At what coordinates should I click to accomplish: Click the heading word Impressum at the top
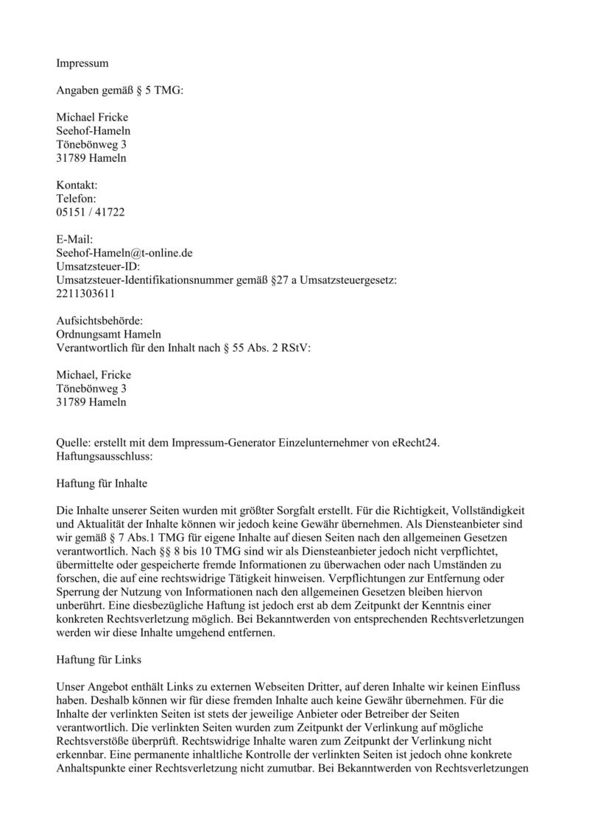pos(82,64)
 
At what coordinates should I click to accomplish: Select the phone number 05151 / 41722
pos(91,212)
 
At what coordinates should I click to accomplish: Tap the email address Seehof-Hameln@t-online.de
pos(124,253)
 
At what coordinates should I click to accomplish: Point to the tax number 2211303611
pos(85,293)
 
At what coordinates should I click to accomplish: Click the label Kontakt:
pos(77,185)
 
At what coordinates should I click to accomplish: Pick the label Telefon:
pos(77,199)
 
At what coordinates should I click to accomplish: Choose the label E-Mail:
pos(75,240)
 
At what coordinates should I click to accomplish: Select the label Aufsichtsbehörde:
pos(99,321)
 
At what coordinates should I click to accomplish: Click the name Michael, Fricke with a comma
pos(94,375)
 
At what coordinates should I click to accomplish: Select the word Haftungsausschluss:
pos(104,456)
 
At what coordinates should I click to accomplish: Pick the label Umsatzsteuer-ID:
pos(98,266)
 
